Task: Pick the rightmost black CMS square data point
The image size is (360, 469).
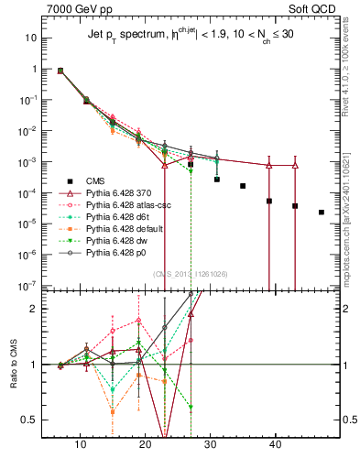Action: (x=322, y=213)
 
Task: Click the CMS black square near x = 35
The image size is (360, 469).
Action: (x=243, y=186)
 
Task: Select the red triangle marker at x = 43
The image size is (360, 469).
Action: (x=295, y=166)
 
